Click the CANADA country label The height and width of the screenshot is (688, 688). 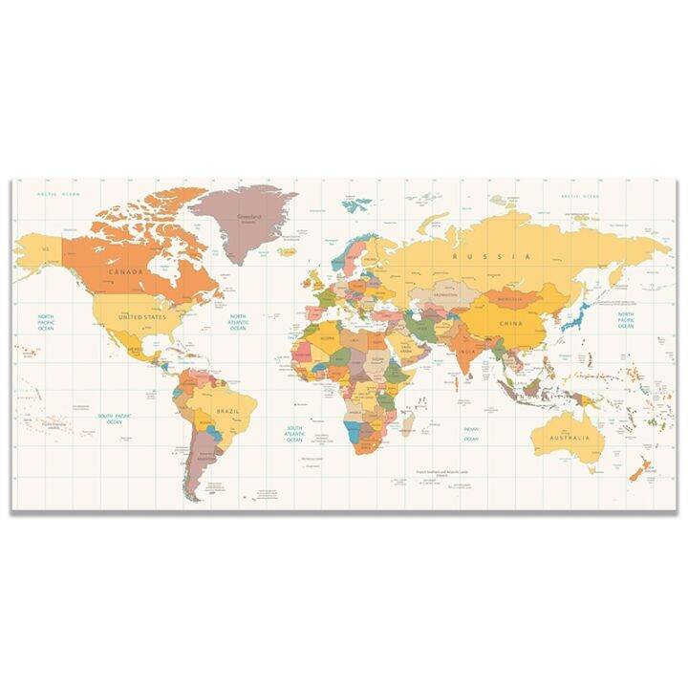point(127,271)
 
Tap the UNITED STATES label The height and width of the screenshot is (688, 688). point(141,316)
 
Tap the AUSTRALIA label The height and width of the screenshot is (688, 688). point(570,438)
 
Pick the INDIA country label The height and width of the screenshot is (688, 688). point(465,351)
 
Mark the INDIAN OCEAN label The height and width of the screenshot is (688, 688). point(471,433)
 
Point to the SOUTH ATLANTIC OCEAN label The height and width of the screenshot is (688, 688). point(294,433)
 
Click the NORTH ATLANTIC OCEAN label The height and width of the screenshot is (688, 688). point(238,321)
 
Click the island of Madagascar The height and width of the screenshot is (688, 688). point(408,421)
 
